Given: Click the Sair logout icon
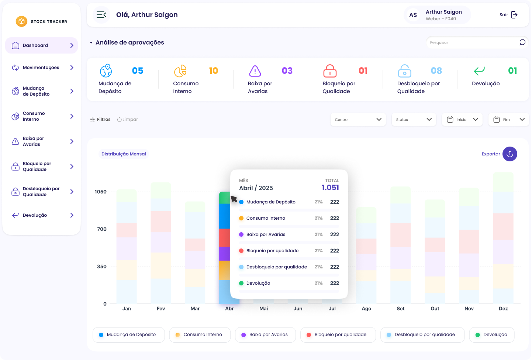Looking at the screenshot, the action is point(514,15).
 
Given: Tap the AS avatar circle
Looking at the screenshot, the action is point(413,15).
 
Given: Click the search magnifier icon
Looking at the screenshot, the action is point(522,42).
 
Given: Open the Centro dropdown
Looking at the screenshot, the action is point(358,120).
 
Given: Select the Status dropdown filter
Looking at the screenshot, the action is point(414,120).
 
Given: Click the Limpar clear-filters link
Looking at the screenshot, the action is point(128,119).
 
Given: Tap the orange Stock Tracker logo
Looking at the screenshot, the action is point(21,21).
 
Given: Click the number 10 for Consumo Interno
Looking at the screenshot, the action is point(214,71).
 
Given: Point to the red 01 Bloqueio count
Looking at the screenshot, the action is point(363,71).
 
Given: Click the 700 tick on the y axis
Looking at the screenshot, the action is point(102,229).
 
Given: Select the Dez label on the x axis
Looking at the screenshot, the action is point(503,308).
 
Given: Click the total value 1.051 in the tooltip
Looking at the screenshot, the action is point(330,188).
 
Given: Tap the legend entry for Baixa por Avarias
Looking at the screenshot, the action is point(265,335).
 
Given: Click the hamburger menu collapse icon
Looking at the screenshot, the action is point(101,15).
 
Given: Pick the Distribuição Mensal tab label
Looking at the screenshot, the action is point(124,154).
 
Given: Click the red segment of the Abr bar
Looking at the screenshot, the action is point(224,238).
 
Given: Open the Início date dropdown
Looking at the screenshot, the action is point(462,120).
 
